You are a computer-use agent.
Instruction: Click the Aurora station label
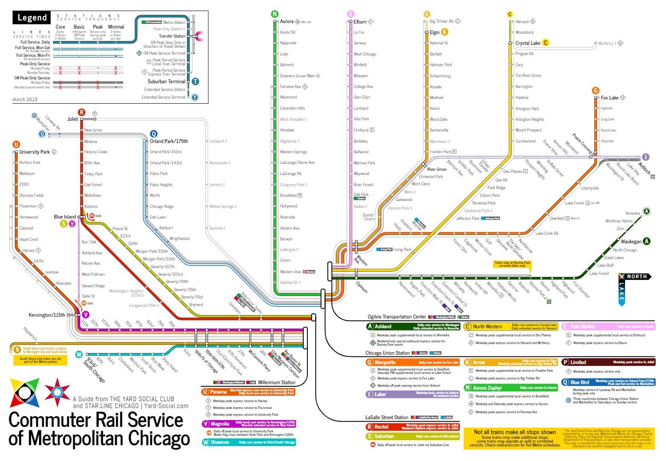(286, 21)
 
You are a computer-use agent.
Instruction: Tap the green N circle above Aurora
(275, 14)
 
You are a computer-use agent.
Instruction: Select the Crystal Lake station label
(527, 43)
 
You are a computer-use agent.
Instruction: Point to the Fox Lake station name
(610, 98)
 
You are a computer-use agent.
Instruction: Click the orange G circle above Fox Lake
(596, 90)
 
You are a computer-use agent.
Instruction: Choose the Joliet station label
(73, 119)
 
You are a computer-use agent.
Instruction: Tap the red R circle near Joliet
(82, 112)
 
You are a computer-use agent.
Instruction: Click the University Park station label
(35, 152)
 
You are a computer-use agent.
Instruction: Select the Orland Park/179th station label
(169, 141)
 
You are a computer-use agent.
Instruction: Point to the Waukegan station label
(631, 242)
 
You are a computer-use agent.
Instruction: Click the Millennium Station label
(277, 382)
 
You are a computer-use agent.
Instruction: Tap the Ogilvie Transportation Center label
(397, 317)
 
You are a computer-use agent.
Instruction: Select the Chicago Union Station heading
(387, 353)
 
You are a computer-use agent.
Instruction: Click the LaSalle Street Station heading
(386, 417)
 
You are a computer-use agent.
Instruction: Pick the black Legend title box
(32, 18)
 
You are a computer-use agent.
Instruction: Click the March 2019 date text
(25, 99)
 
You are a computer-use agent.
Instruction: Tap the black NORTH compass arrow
(636, 277)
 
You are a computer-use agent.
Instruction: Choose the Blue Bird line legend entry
(579, 382)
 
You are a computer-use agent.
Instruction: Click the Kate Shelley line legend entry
(583, 327)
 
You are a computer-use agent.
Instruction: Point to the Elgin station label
(435, 32)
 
